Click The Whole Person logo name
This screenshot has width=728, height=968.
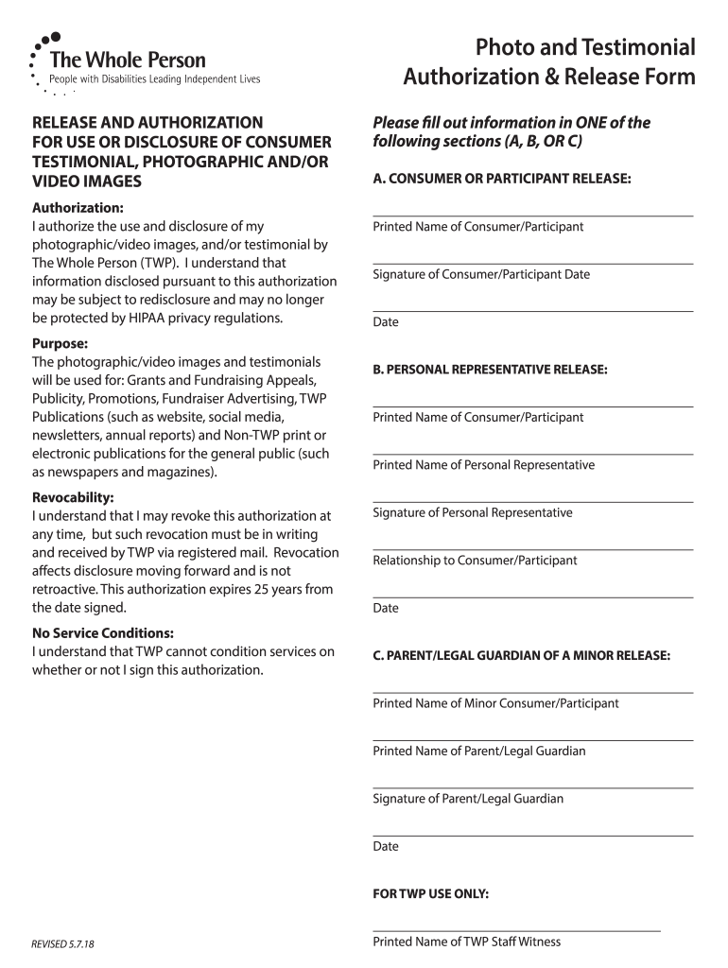point(133,60)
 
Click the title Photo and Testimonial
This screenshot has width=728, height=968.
point(585,47)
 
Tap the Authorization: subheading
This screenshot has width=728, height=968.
point(78,208)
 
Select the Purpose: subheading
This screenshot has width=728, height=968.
point(61,344)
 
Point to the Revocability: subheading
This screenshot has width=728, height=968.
point(74,497)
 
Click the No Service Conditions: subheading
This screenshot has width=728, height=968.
point(103,633)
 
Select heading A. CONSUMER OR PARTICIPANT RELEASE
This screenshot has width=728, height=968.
point(502,178)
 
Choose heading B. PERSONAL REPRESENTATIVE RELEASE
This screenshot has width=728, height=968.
point(490,370)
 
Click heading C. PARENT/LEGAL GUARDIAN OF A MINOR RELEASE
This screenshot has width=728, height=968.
point(522,655)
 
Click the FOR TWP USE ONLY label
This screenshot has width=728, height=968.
point(431,893)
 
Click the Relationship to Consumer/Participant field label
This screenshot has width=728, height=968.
point(475,561)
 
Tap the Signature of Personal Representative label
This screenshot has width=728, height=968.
point(473,512)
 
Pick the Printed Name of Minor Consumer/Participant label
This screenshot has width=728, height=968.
point(495,703)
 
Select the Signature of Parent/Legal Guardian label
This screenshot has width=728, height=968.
point(468,799)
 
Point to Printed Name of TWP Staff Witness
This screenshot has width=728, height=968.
point(467,942)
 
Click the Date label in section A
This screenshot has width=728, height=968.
point(386,322)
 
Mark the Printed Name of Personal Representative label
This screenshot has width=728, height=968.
point(484,465)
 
